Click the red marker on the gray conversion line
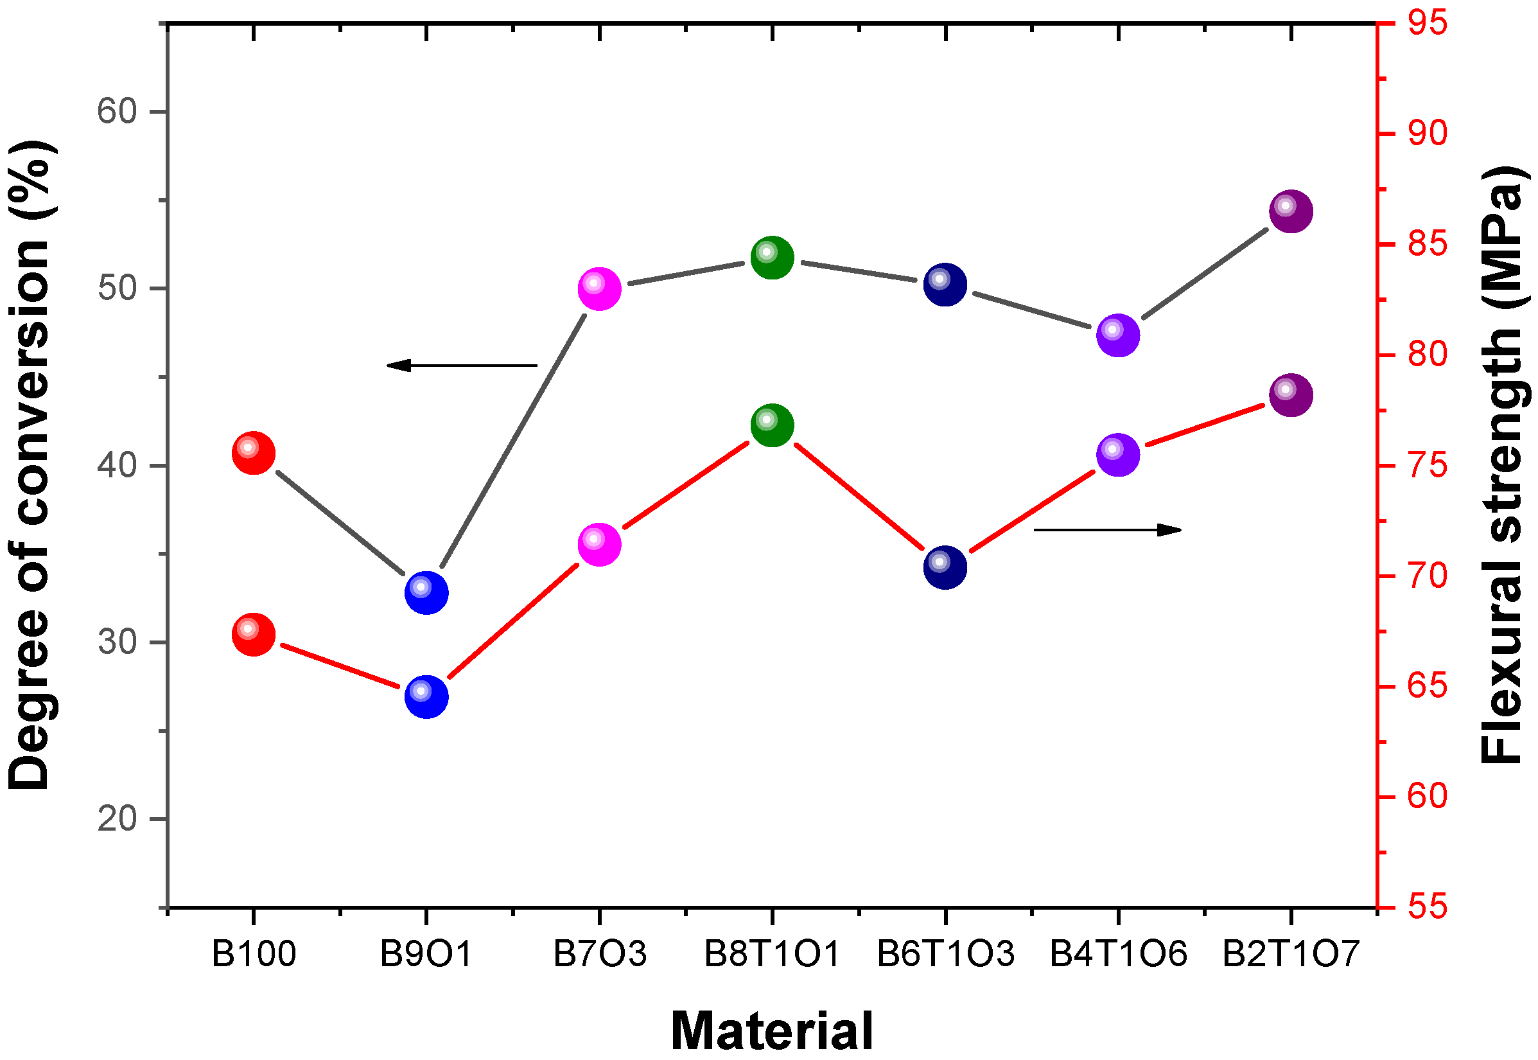[254, 454]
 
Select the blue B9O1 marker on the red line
[426, 696]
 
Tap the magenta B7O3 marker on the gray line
[599, 289]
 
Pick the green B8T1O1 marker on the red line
[772, 425]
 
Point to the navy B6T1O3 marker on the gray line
[945, 285]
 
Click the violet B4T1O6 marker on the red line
[1119, 455]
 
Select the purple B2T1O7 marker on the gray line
[1291, 211]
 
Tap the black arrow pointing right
[1108, 529]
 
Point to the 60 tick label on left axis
[117, 111]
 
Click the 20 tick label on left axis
[117, 819]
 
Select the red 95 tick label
[1427, 23]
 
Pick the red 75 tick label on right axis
[1427, 466]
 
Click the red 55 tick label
[1427, 906]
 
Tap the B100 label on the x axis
[254, 955]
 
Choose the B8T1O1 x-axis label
[772, 955]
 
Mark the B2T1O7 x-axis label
[1291, 955]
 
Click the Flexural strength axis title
[1501, 465]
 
